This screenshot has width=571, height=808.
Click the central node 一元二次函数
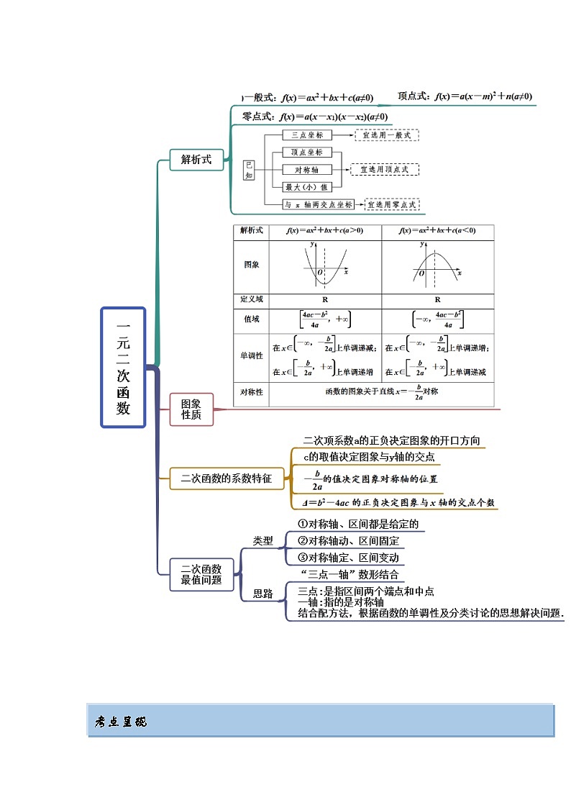tap(123, 368)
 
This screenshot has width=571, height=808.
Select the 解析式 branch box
tap(196, 160)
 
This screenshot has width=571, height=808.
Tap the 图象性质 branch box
tap(191, 409)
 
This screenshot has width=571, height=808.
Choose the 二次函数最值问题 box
tap(201, 574)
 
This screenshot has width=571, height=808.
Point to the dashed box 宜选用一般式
tap(386, 135)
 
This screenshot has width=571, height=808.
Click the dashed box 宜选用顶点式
tap(383, 169)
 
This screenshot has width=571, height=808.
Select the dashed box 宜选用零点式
tap(391, 204)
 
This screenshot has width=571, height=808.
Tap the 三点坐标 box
tap(306, 135)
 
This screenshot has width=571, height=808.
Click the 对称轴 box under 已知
tap(306, 170)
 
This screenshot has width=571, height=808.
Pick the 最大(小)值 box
tap(306, 187)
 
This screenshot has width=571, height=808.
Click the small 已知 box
tap(249, 170)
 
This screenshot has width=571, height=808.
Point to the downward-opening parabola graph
tap(437, 265)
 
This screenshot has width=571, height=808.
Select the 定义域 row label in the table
tap(251, 299)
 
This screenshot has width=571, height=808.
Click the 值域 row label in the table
tap(251, 319)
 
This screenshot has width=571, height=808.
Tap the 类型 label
tap(263, 540)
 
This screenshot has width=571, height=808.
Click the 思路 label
tap(263, 594)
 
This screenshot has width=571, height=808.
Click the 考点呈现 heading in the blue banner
tap(121, 722)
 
